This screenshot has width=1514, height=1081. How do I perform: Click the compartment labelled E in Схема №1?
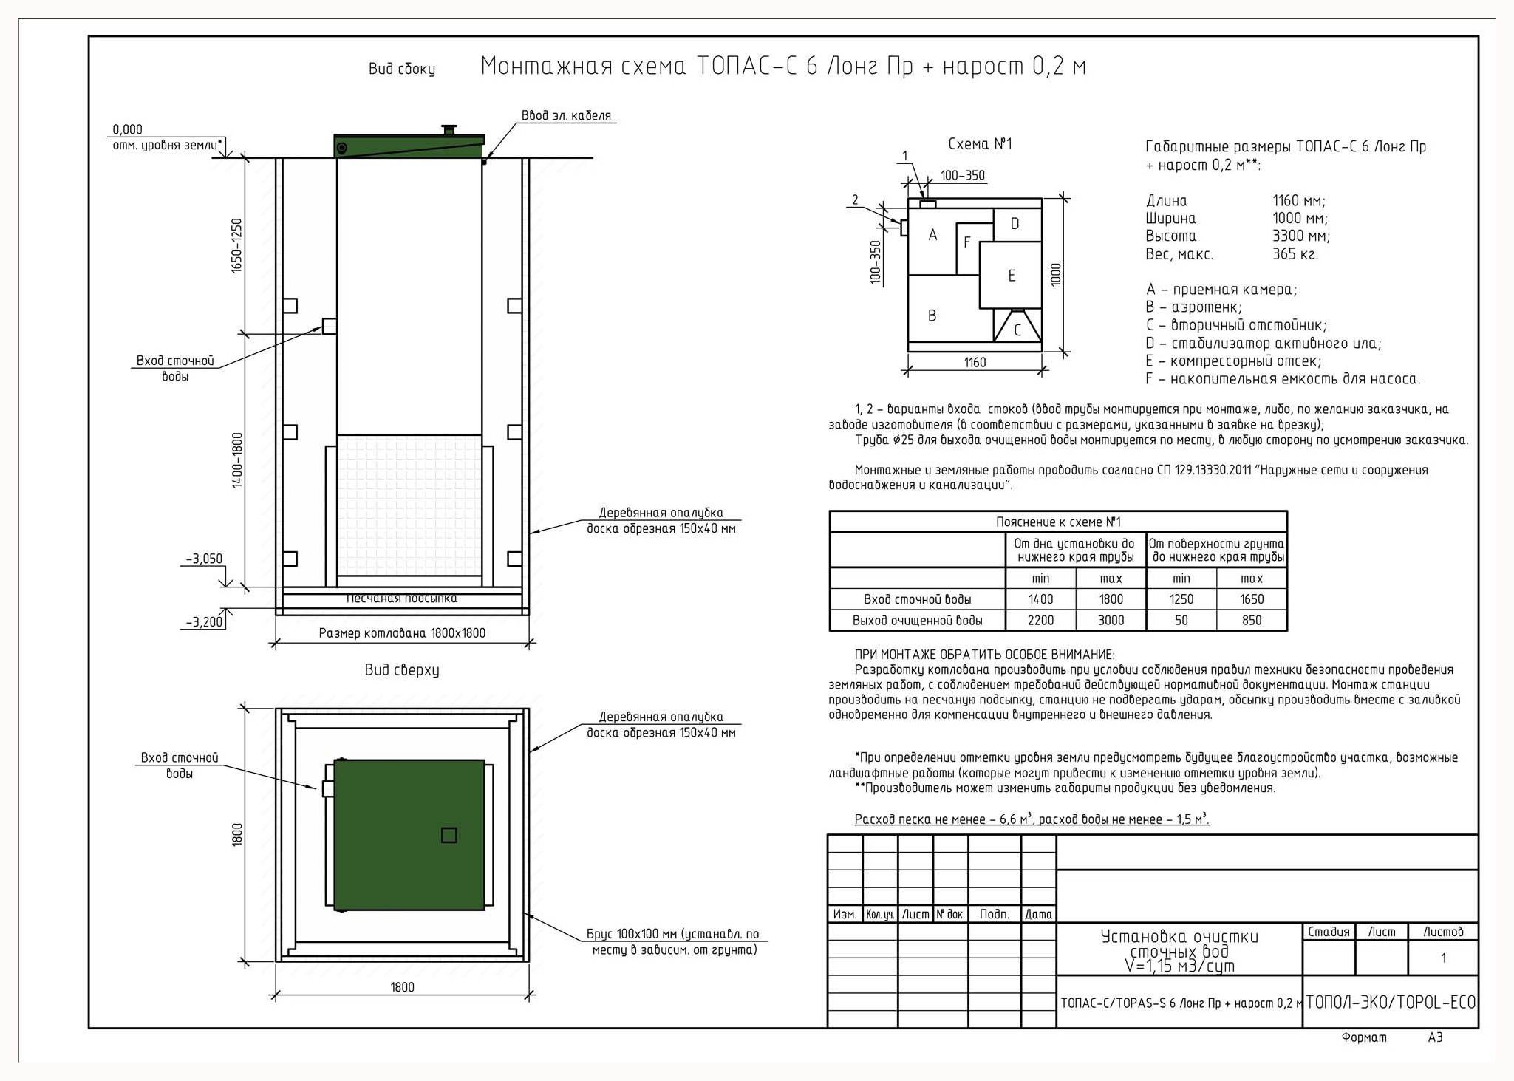pyautogui.click(x=1011, y=275)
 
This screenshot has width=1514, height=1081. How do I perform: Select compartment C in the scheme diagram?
pyautogui.click(x=1017, y=326)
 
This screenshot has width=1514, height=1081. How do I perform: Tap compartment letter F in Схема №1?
pyautogui.click(x=967, y=243)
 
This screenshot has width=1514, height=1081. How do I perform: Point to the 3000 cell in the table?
pyautogui.click(x=1111, y=621)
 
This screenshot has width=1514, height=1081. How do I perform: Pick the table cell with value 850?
pyautogui.click(x=1252, y=621)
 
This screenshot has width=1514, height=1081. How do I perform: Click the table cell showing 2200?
pyautogui.click(x=1041, y=621)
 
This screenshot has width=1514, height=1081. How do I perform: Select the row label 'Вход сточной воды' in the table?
pyautogui.click(x=918, y=599)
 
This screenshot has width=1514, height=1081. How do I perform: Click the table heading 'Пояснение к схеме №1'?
pyautogui.click(x=1058, y=522)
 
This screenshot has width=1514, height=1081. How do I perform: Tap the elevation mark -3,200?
pyautogui.click(x=204, y=622)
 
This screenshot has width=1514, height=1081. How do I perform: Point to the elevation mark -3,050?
pyautogui.click(x=204, y=559)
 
